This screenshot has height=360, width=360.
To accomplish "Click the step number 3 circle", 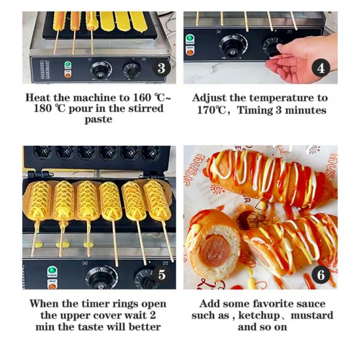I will point(160,68).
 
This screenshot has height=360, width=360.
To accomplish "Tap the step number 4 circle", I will point(321,68).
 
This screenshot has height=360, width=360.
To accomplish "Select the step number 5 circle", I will point(160,275).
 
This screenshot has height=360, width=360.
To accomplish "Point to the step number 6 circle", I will point(321,275).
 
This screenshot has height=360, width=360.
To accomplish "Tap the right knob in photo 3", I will point(132,70).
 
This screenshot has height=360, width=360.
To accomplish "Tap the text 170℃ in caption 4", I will point(216,110).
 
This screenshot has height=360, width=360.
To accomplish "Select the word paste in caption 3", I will point(98,119).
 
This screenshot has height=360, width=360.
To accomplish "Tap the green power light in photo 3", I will point(67,64).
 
